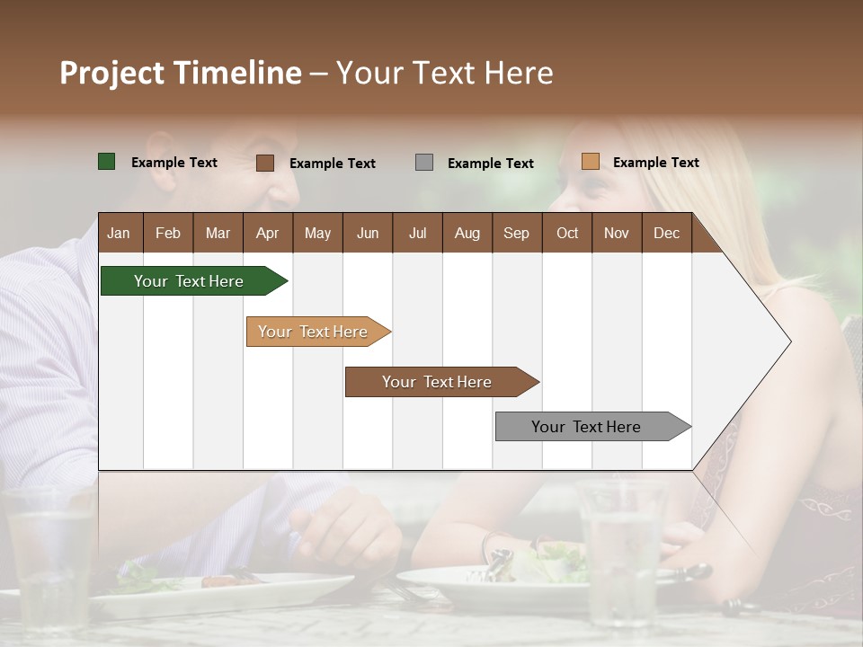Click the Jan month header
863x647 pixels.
coord(119,233)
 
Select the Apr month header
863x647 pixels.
coord(267,233)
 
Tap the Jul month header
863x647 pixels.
coord(417,233)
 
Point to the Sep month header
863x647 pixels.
coord(516,233)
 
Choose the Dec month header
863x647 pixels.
coord(666,233)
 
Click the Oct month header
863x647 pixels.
coord(567,233)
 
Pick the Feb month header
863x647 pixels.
coord(168,233)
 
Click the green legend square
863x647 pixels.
coord(107,162)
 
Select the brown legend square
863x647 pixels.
coord(265,163)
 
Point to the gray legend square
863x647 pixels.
coord(424,163)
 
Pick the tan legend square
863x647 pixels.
coord(591,162)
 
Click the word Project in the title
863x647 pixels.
coord(111,74)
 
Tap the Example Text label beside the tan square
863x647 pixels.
coord(655,163)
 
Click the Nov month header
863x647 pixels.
coord(617,233)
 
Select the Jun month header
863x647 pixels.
coord(368,233)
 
